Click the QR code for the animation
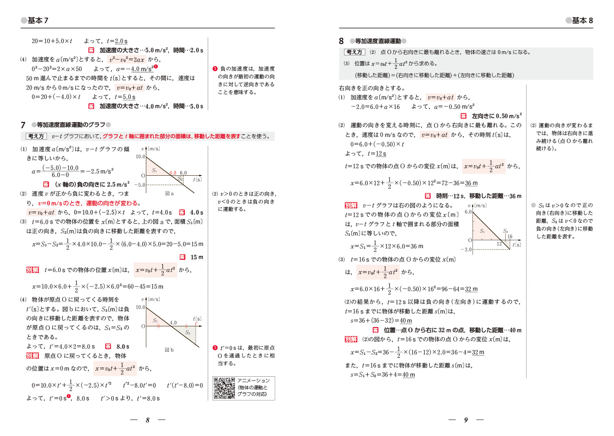[224, 388]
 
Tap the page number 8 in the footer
[148, 420]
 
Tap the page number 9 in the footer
[466, 420]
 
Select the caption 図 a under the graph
[169, 194]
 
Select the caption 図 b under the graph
[169, 350]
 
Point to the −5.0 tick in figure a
[139, 185]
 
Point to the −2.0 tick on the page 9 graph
[466, 249]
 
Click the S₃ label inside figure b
[188, 333]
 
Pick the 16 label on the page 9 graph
[509, 237]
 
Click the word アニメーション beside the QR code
[253, 381]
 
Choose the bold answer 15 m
[197, 257]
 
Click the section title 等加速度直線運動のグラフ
[71, 125]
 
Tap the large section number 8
[341, 41]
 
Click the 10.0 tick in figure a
[140, 157]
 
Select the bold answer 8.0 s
[123, 347]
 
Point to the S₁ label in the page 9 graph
[482, 231]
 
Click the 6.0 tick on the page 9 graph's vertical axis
[468, 212]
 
